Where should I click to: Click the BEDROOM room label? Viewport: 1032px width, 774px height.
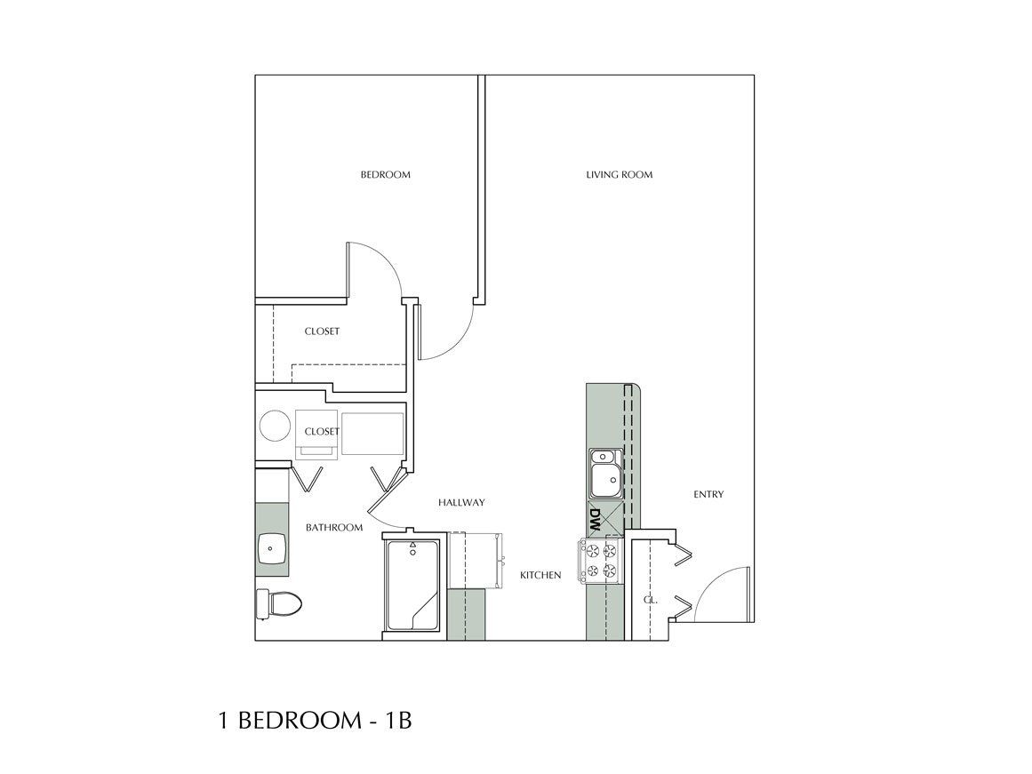tap(385, 175)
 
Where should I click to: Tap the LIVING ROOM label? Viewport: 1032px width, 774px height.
tap(619, 175)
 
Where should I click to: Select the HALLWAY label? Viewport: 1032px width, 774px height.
tap(461, 503)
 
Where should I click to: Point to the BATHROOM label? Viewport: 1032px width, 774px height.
tap(334, 528)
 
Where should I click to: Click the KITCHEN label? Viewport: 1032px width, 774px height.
tap(540, 576)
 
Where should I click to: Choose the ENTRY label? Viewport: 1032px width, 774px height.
tap(708, 495)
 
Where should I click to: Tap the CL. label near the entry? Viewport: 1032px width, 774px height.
tap(650, 600)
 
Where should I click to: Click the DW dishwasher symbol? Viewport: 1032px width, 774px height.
tap(596, 520)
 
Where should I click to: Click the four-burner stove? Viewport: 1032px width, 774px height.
tap(602, 560)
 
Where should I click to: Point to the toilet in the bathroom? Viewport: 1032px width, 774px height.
tap(278, 604)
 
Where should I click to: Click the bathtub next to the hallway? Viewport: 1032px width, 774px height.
tap(412, 586)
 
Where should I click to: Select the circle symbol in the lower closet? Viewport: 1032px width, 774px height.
tap(275, 426)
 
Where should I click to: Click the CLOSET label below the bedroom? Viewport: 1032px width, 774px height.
tap(322, 331)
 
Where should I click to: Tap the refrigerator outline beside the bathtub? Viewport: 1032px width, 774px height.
tap(475, 560)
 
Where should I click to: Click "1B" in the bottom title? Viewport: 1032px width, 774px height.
tap(396, 720)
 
